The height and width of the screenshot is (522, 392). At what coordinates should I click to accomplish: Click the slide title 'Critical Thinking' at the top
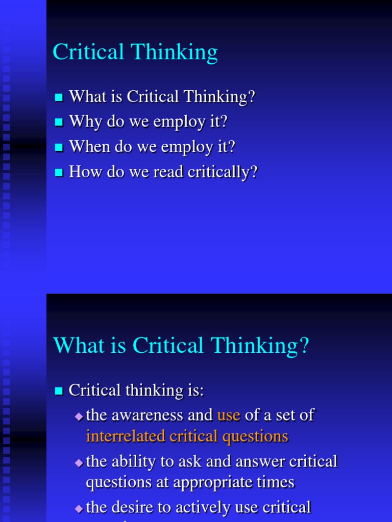(x=135, y=53)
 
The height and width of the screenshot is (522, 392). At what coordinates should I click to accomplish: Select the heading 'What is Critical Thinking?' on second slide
(x=181, y=346)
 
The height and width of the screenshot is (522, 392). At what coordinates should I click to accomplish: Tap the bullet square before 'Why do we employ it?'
(x=59, y=122)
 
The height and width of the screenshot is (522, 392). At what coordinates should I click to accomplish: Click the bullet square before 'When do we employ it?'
(x=59, y=147)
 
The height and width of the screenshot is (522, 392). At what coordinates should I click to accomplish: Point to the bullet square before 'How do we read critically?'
(x=59, y=172)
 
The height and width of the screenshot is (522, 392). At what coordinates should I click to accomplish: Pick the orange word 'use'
(x=229, y=415)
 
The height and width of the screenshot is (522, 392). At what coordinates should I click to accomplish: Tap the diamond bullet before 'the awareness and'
(x=79, y=416)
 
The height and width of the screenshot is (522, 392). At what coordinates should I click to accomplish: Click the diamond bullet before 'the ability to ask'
(x=79, y=463)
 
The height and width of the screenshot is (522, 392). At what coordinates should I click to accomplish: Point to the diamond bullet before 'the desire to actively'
(x=79, y=508)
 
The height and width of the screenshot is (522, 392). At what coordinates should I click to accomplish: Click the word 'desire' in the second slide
(x=141, y=507)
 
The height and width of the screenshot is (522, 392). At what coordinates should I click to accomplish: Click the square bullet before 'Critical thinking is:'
(x=59, y=391)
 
